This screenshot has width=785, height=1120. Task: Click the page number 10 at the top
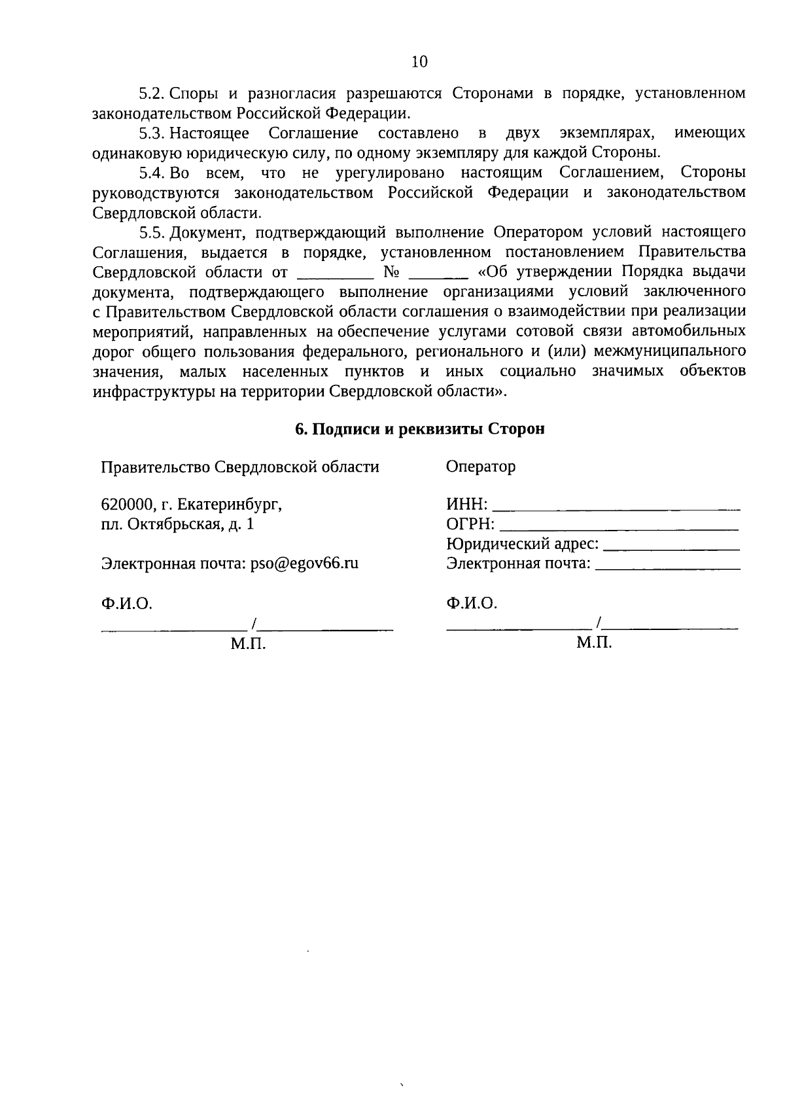click(419, 61)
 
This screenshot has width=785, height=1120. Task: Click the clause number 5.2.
click(154, 93)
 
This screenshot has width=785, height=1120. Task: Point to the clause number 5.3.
click(154, 133)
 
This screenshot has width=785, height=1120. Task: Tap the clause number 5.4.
click(154, 173)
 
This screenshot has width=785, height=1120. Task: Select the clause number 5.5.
click(154, 232)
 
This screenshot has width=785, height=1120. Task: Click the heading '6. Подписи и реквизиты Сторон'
click(419, 429)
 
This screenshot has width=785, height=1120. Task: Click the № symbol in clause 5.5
click(391, 272)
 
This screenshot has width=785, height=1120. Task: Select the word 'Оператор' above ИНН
click(480, 466)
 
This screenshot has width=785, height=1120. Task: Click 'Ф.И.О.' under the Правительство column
click(126, 603)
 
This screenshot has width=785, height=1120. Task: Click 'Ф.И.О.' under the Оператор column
click(472, 603)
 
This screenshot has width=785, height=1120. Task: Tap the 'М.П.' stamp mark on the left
click(248, 644)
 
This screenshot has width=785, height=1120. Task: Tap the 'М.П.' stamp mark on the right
click(594, 643)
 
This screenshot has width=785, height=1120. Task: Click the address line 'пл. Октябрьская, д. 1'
click(177, 524)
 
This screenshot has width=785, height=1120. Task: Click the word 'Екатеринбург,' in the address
click(230, 504)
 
